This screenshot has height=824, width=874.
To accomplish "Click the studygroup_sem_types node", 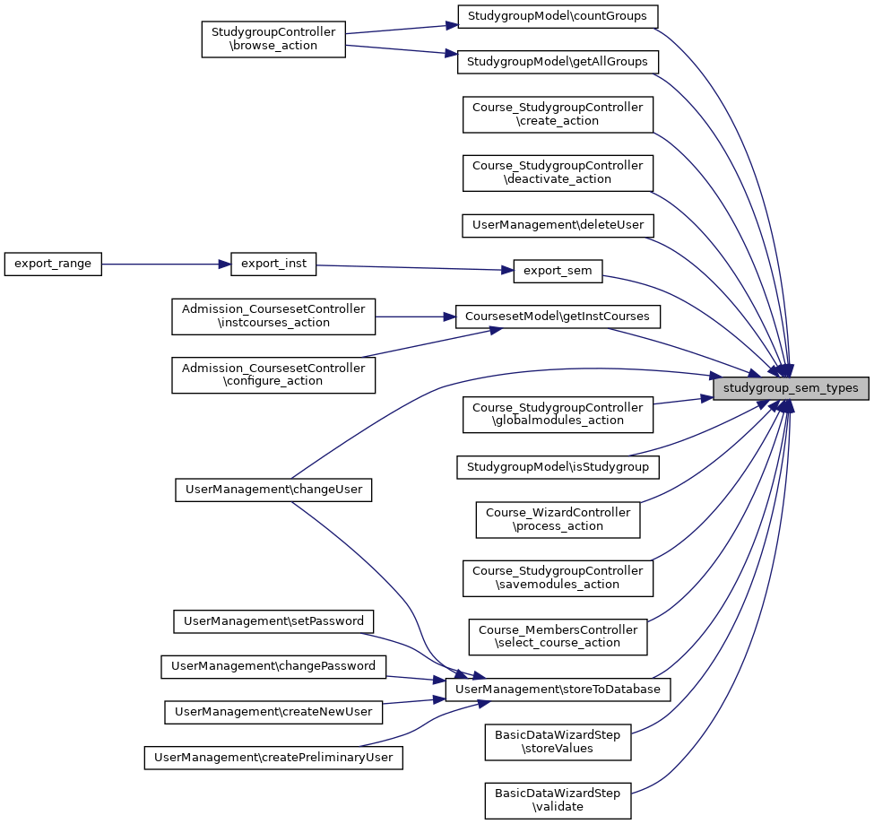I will (x=791, y=389).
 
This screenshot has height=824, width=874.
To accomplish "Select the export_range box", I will (x=53, y=265).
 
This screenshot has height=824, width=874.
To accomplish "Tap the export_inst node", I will (x=274, y=265).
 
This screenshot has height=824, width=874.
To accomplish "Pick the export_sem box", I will (x=558, y=271).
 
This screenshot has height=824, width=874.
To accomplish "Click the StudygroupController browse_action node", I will (x=273, y=39).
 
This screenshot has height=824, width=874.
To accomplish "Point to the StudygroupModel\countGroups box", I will (x=558, y=16).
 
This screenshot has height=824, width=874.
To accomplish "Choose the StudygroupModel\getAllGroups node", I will (x=558, y=62).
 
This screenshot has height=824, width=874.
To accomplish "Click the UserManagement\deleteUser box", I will (x=558, y=225).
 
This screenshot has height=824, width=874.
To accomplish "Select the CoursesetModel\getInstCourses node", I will (x=558, y=317).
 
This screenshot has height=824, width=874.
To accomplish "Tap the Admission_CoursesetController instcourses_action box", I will (x=273, y=317).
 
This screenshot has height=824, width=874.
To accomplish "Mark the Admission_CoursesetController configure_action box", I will (x=273, y=374).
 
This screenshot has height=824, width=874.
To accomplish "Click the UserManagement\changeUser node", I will (x=273, y=490).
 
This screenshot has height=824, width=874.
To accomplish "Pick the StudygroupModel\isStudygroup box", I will (x=558, y=467).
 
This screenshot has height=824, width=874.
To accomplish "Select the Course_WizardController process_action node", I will (x=558, y=519).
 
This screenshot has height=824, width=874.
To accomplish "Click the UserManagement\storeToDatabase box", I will (x=558, y=690).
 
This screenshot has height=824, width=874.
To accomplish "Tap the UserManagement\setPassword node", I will (x=273, y=620).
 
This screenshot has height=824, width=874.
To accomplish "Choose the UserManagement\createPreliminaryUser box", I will (x=273, y=758).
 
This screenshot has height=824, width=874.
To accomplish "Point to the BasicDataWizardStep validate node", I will (x=558, y=800).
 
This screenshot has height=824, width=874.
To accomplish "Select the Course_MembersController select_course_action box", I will (x=558, y=637).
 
